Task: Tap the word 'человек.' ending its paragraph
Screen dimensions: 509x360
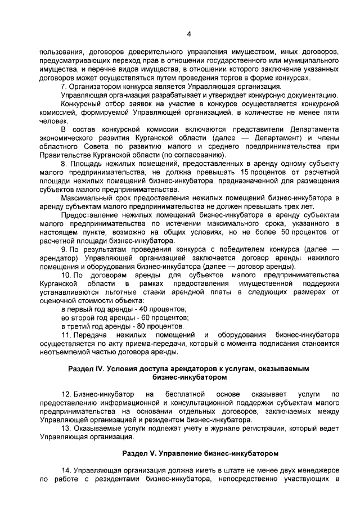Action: [52, 120]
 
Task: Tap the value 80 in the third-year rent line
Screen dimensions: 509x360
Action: [127, 327]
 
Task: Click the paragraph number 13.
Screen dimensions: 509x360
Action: [65, 428]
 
